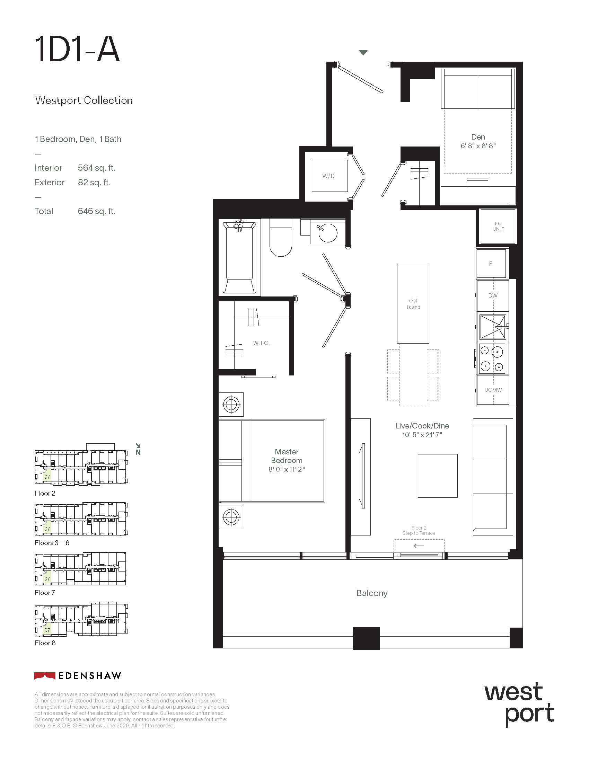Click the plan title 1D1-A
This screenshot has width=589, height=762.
77,50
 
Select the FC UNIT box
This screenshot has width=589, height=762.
498,226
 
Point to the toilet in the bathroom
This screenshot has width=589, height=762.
281,238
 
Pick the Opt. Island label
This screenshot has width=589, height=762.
413,304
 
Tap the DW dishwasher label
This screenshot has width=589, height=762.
493,295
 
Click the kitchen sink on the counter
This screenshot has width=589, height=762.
493,327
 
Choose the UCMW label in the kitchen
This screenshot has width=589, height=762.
493,390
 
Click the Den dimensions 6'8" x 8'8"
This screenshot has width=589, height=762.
478,146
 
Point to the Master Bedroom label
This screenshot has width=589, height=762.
287,456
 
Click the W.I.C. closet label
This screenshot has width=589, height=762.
261,343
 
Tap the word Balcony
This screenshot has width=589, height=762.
372,593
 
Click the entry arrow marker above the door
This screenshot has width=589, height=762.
363,53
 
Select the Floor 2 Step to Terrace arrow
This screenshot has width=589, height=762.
419,546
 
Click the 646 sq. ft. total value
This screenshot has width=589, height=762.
97,211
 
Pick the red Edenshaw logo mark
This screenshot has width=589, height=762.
45,676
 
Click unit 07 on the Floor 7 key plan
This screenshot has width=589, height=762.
47,578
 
